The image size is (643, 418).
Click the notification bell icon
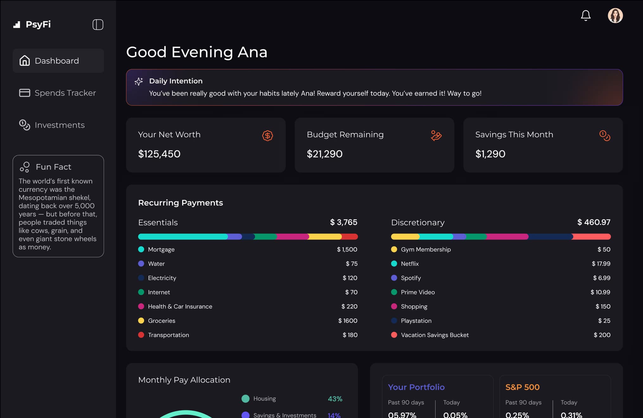click(x=585, y=16)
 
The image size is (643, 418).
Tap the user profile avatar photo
click(x=615, y=16)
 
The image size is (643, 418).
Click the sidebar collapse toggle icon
click(x=98, y=25)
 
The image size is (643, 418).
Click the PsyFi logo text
click(x=38, y=24)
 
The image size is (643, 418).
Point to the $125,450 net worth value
click(x=159, y=154)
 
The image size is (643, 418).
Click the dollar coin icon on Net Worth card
click(x=267, y=136)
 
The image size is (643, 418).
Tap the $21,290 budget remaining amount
click(x=324, y=154)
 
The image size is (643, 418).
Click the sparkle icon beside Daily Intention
click(x=139, y=81)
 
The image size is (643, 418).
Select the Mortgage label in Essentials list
click(x=161, y=250)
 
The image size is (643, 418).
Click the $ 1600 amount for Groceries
click(x=347, y=321)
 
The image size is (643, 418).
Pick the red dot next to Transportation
click(x=141, y=335)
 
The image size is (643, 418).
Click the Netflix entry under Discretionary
click(x=410, y=264)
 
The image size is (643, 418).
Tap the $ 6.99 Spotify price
click(x=602, y=278)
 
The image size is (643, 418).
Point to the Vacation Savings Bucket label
click(x=435, y=335)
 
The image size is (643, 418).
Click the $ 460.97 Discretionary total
click(x=594, y=222)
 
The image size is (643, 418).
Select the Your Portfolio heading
click(x=416, y=387)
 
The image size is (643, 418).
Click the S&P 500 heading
click(x=522, y=387)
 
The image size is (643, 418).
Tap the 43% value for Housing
click(x=335, y=399)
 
